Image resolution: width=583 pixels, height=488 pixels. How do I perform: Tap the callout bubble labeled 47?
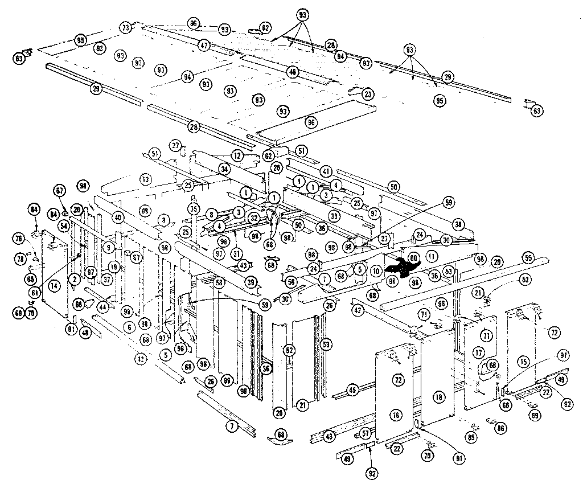[204, 45]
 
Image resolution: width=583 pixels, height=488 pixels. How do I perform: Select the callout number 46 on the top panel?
[293, 72]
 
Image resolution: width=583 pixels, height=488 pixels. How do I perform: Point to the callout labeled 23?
[368, 94]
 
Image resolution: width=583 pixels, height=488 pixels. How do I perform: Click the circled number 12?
[237, 155]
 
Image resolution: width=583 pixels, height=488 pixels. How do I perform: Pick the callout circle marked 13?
[146, 179]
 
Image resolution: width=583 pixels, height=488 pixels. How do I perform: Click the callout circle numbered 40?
[118, 217]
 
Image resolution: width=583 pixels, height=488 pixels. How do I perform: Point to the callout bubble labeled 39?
[251, 283]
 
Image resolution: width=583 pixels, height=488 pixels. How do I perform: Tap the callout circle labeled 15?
[524, 361]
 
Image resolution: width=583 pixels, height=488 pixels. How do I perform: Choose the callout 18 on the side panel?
[437, 396]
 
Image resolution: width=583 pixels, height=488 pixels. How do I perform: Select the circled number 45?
[353, 390]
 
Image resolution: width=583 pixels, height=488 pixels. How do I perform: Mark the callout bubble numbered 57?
[366, 433]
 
